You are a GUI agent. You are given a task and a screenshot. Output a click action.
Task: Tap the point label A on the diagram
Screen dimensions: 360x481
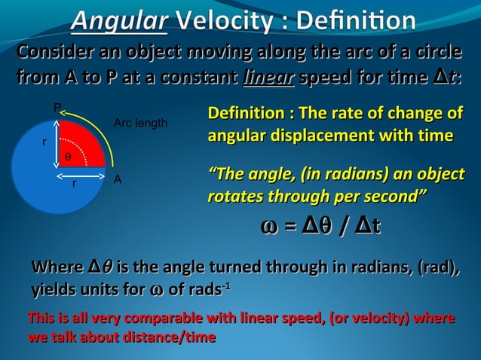click(117, 180)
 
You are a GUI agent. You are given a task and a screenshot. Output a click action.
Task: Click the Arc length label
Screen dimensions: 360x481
click(140, 123)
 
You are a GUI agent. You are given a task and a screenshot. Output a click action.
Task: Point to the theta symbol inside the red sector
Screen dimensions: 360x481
click(68, 157)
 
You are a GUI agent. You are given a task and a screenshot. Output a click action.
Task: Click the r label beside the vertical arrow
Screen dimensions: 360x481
click(44, 141)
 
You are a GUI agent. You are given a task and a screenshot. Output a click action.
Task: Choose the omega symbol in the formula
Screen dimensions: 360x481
click(270, 227)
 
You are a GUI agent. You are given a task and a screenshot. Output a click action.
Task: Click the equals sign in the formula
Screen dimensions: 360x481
click(290, 227)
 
